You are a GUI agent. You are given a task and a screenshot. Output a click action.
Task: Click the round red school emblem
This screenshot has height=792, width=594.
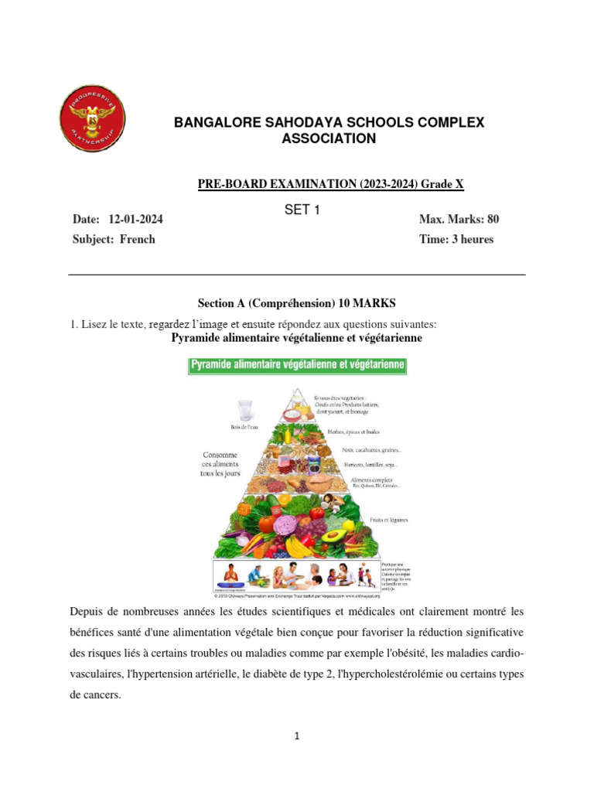(92, 120)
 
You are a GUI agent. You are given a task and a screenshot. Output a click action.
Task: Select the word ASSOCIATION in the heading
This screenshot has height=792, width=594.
(329, 138)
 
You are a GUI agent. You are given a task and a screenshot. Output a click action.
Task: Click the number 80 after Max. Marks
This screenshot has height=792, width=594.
(492, 220)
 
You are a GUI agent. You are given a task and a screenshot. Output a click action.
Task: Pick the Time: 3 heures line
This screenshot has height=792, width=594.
(456, 239)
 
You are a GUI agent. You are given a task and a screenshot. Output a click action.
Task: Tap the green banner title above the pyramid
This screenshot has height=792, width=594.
(298, 365)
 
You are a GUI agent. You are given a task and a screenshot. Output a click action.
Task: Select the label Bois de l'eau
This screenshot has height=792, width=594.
(247, 426)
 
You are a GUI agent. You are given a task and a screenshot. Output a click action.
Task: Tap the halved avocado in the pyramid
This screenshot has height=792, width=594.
(334, 535)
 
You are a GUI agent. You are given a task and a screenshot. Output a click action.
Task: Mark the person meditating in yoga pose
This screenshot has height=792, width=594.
(229, 575)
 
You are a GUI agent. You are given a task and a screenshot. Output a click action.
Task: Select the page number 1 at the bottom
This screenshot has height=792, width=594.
(297, 736)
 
